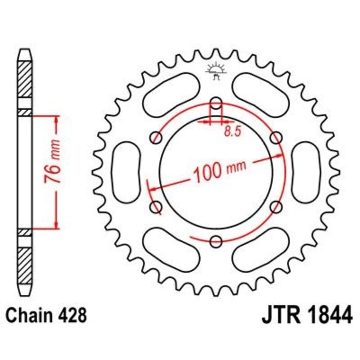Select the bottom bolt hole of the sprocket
click(x=216, y=241)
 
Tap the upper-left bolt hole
click(x=157, y=137)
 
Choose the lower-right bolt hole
click(x=276, y=207)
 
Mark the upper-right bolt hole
click(x=276, y=137)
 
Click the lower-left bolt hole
click(x=156, y=207)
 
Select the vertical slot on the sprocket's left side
click(x=126, y=172)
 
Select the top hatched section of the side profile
click(x=25, y=78)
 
